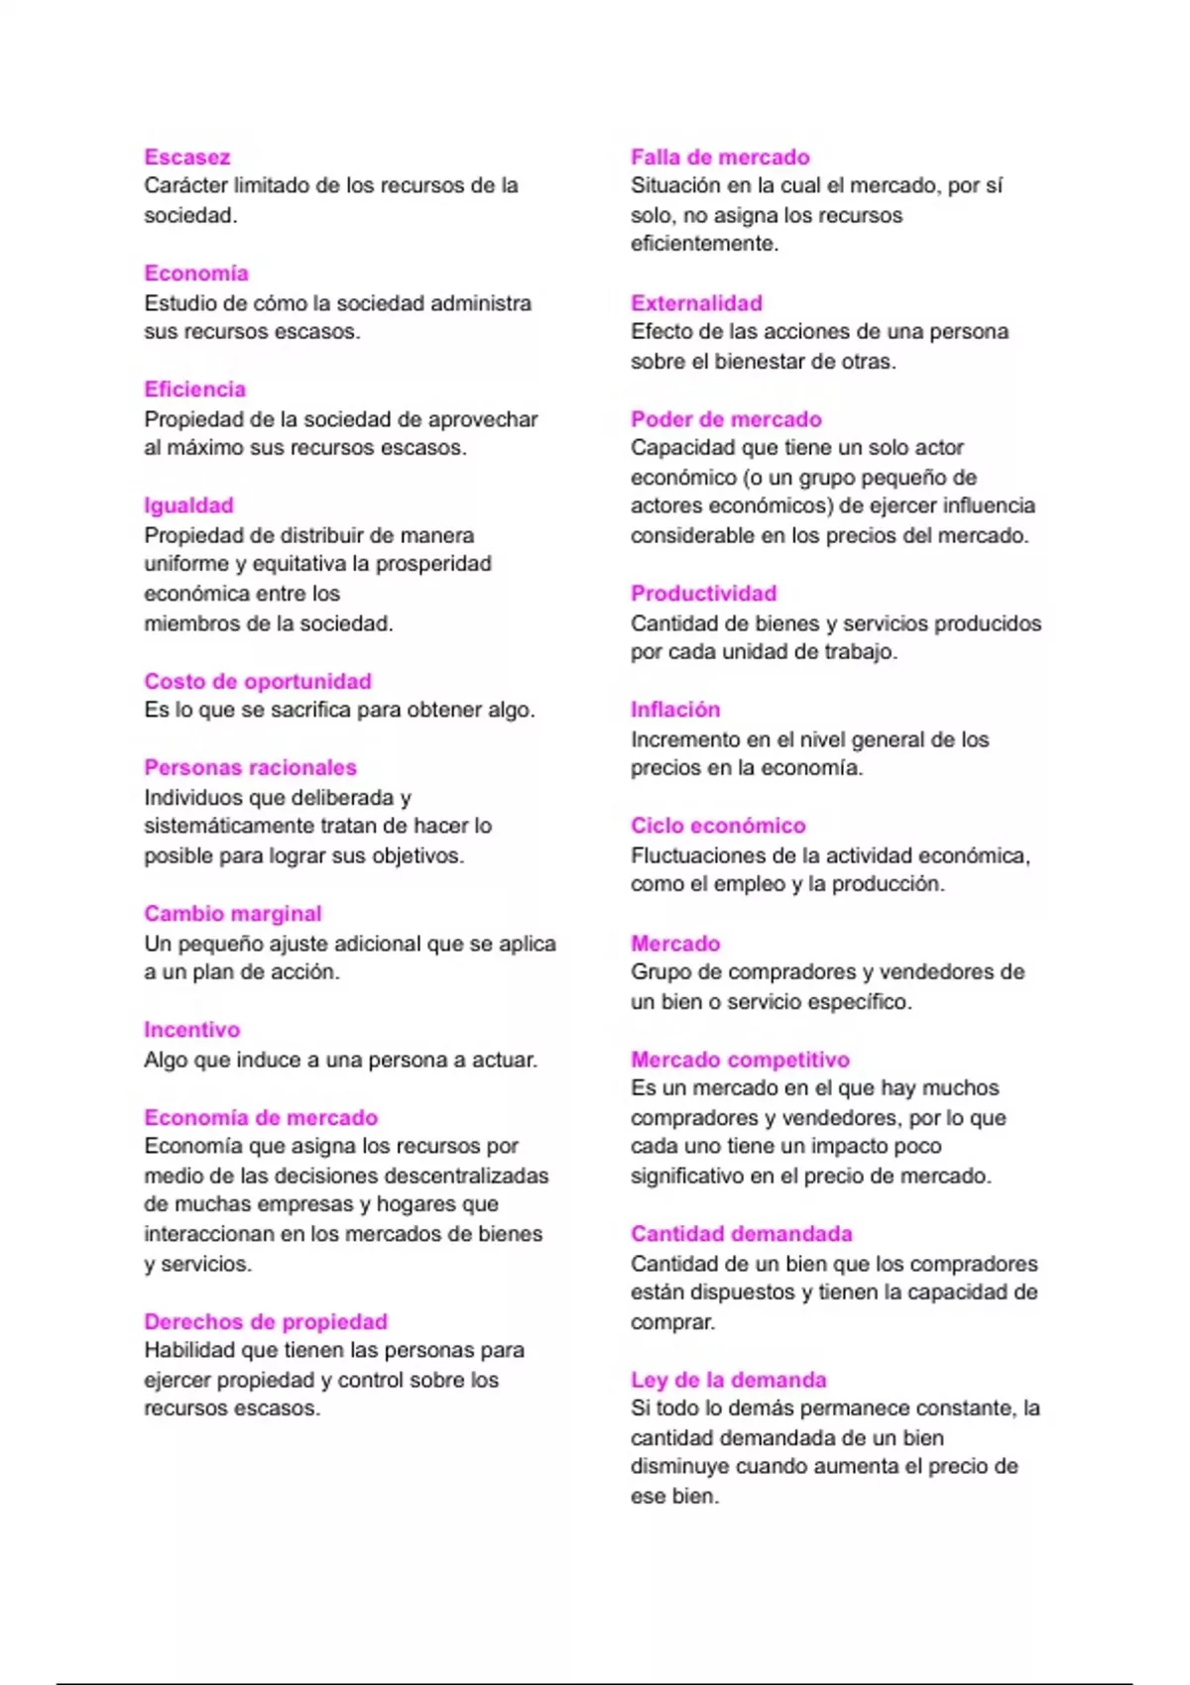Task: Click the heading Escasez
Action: click(x=186, y=157)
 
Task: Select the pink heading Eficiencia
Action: click(x=194, y=390)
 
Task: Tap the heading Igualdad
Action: click(x=188, y=505)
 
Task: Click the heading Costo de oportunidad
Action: click(x=258, y=681)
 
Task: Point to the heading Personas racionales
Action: click(x=250, y=767)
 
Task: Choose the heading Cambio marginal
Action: click(x=233, y=914)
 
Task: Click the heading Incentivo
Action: click(x=191, y=1030)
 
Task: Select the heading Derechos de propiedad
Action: click(x=266, y=1321)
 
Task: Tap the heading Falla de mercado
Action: click(x=720, y=157)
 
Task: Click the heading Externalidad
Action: click(x=696, y=303)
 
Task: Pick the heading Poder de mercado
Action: click(x=726, y=419)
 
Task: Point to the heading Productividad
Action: click(x=703, y=594)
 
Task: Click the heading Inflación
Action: click(x=675, y=710)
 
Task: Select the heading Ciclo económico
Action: click(x=718, y=826)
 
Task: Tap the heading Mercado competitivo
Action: click(x=740, y=1060)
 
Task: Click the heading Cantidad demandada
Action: click(x=741, y=1234)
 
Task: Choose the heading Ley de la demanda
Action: click(x=728, y=1380)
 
